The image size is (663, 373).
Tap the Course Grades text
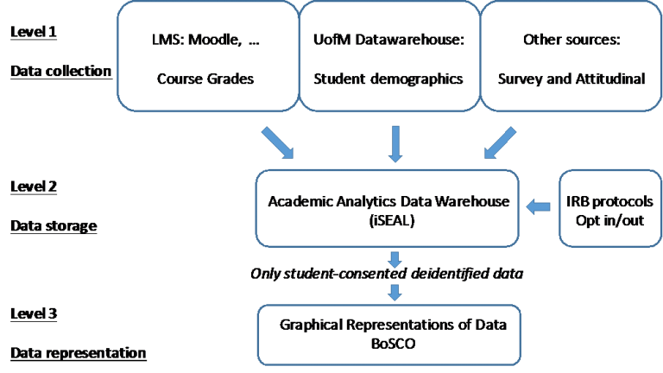[x=206, y=79]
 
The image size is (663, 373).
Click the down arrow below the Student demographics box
[x=395, y=143]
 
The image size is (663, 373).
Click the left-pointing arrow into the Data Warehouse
[x=540, y=206]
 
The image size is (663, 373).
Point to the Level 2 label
[x=34, y=186]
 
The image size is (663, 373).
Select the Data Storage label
[x=54, y=225]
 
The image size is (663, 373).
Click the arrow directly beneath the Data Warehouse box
[x=395, y=258]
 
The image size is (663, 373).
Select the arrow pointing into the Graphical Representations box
[x=395, y=292]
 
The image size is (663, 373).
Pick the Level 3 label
[x=34, y=312]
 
